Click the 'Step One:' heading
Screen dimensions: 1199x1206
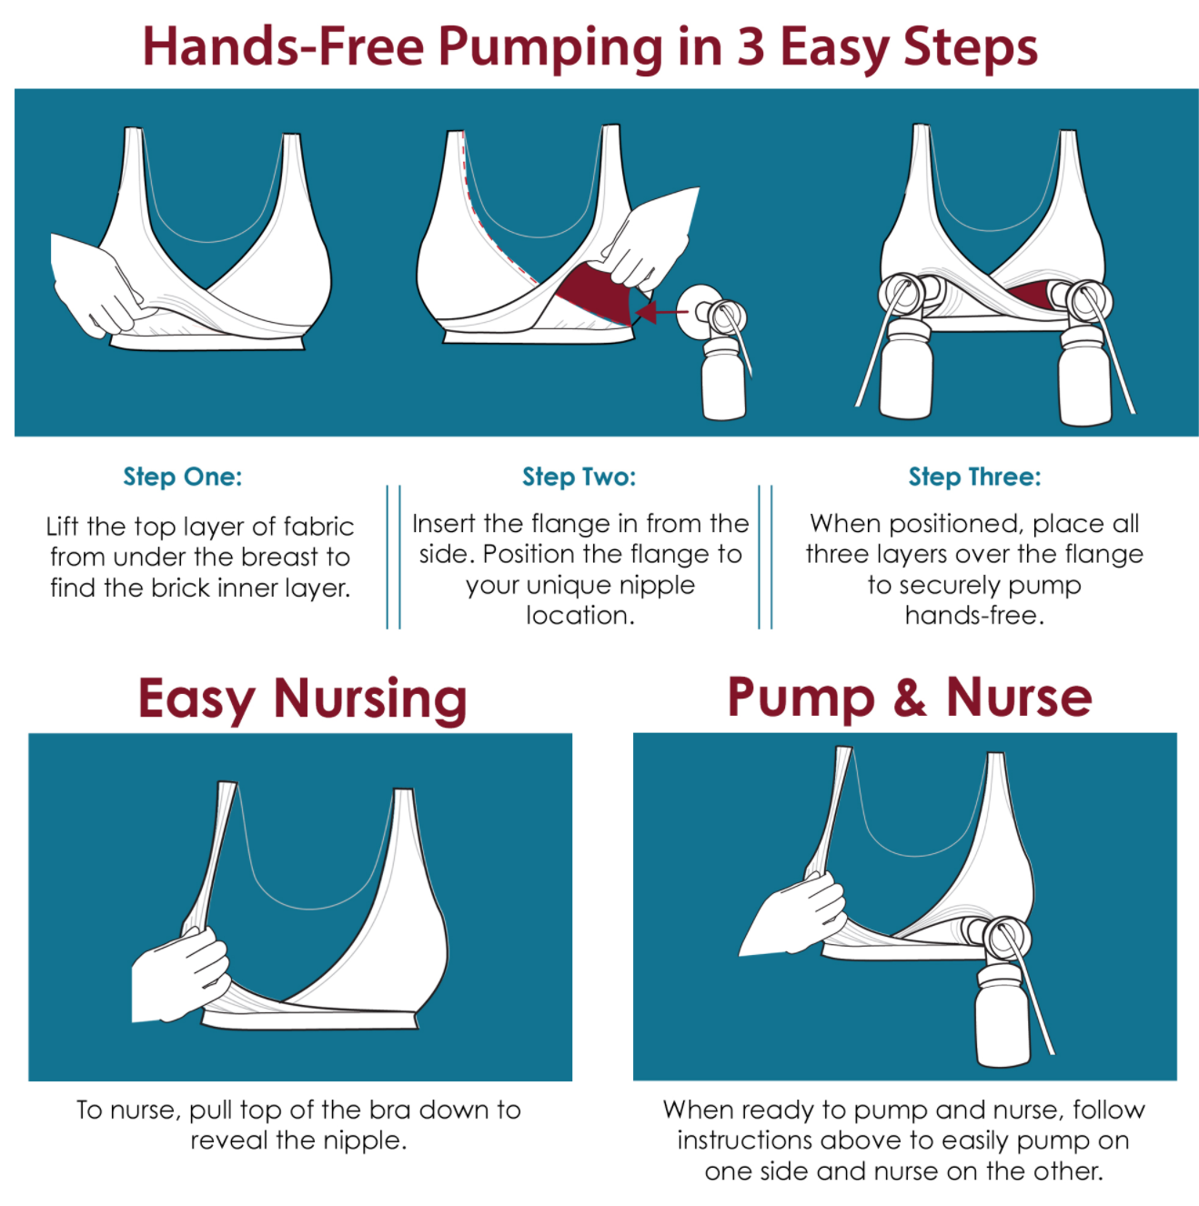click(x=182, y=477)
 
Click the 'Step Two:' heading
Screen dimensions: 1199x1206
click(x=579, y=477)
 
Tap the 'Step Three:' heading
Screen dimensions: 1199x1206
click(x=975, y=477)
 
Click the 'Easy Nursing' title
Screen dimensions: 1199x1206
click(x=302, y=699)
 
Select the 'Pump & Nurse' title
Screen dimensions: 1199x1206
click(x=910, y=698)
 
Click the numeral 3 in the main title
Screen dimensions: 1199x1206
click(x=751, y=46)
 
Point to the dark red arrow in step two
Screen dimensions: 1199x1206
click(x=661, y=311)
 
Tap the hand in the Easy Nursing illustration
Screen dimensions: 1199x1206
click(x=180, y=974)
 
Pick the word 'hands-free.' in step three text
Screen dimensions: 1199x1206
click(x=975, y=616)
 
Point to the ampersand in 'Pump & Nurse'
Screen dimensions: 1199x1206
click(x=910, y=696)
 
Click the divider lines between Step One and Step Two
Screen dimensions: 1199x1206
click(x=393, y=557)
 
